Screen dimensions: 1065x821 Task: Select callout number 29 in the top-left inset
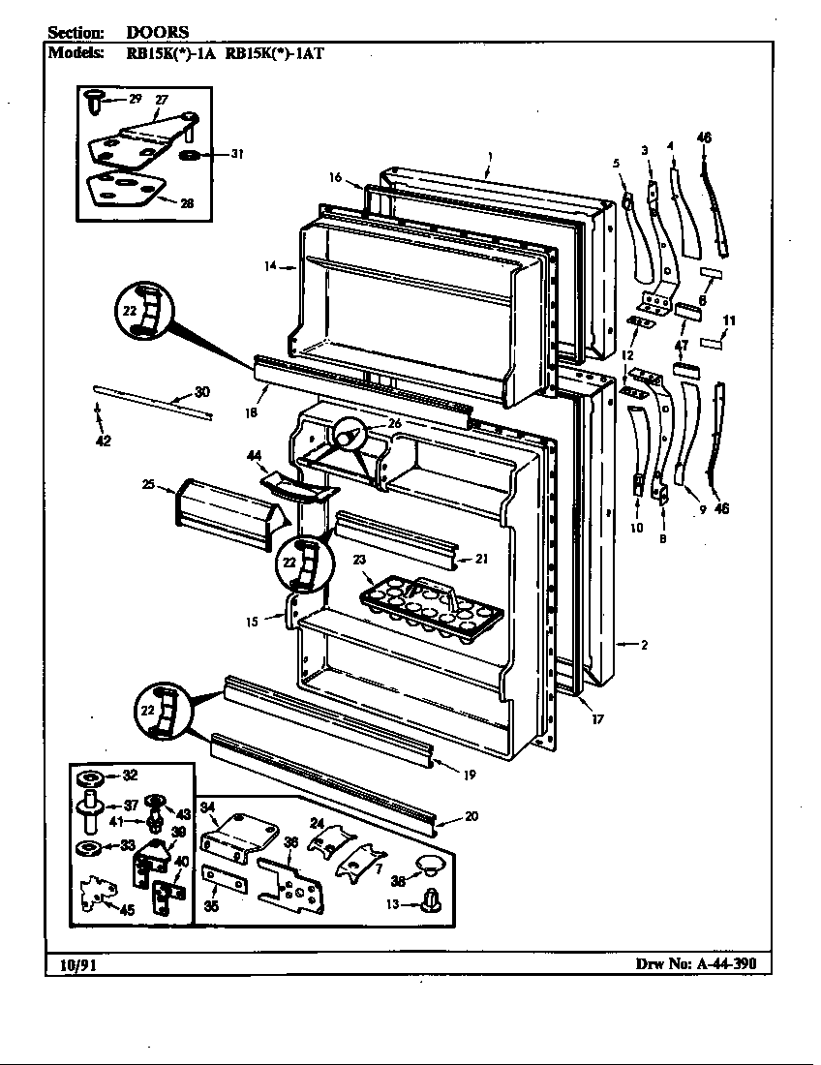coord(135,99)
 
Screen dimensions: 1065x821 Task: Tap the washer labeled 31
coord(191,154)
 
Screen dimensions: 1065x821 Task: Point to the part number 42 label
coord(103,441)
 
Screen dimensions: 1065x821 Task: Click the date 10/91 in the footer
coord(69,963)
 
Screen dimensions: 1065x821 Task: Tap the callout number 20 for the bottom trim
coord(471,816)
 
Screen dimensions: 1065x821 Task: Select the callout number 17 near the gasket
coord(597,719)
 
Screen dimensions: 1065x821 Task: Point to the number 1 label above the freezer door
coord(491,156)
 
